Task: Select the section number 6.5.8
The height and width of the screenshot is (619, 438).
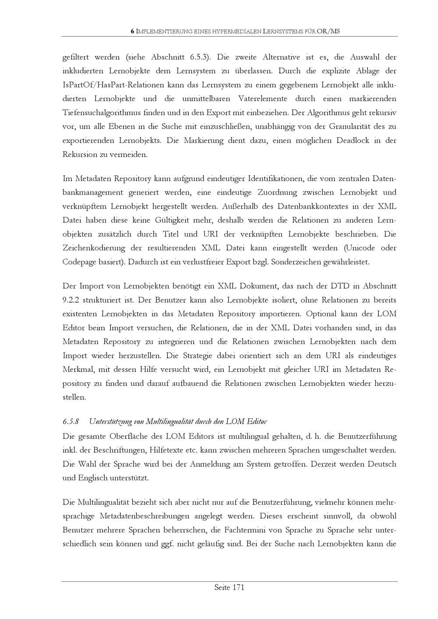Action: coord(71,422)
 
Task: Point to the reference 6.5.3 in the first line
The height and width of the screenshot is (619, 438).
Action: coord(200,57)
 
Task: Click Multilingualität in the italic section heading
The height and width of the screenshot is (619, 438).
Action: coord(176,422)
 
